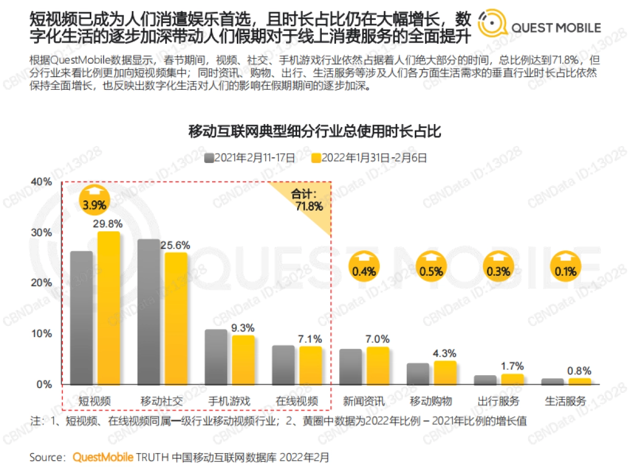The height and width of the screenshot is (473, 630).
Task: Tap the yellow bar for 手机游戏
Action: pos(243,359)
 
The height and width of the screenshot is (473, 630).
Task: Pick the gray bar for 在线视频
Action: pos(283,365)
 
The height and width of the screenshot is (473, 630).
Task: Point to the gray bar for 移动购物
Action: pos(418,374)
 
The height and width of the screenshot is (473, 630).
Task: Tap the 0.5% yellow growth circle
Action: pos(431,268)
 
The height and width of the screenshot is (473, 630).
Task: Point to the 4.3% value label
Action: pos(445,353)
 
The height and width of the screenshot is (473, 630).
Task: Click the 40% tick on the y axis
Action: pos(42,182)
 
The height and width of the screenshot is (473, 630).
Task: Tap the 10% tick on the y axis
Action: pos(42,334)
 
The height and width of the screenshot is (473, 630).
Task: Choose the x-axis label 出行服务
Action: pos(498,401)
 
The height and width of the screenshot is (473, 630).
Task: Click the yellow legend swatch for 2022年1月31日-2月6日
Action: pos(315,157)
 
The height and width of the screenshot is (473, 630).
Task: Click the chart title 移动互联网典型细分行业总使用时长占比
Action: pos(314,131)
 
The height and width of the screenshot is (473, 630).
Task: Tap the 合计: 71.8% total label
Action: pos(307,200)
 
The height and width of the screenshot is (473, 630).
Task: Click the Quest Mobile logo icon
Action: pos(492,26)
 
